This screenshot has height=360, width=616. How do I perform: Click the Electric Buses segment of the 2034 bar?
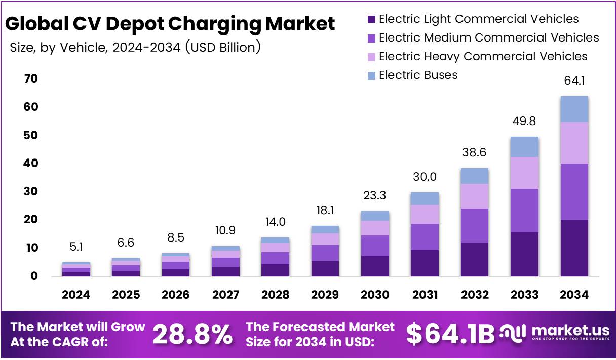pyautogui.click(x=574, y=109)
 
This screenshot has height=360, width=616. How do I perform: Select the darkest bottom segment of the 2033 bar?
pyautogui.click(x=524, y=254)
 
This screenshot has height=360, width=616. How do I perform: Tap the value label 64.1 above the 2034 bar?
pyautogui.click(x=574, y=81)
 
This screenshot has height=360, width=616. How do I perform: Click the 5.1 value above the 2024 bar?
pyautogui.click(x=76, y=248)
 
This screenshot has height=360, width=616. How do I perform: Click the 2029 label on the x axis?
pyautogui.click(x=325, y=295)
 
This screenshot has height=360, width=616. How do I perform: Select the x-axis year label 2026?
pyautogui.click(x=175, y=295)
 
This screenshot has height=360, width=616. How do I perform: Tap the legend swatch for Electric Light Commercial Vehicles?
pyautogui.click(x=371, y=20)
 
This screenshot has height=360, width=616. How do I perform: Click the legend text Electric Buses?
pyautogui.click(x=418, y=75)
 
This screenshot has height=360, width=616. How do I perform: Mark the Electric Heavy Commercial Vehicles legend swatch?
pyautogui.click(x=371, y=57)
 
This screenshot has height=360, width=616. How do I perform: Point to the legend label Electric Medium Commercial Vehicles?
pyautogui.click(x=488, y=38)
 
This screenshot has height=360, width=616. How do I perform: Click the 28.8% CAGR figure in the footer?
pyautogui.click(x=192, y=334)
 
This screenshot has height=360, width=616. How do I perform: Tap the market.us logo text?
pyautogui.click(x=569, y=330)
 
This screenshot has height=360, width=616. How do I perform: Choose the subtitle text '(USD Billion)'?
pyautogui.click(x=223, y=47)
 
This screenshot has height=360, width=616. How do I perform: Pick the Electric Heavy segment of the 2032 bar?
pyautogui.click(x=474, y=196)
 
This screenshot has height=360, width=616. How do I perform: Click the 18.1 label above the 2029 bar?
pyautogui.click(x=325, y=210)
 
